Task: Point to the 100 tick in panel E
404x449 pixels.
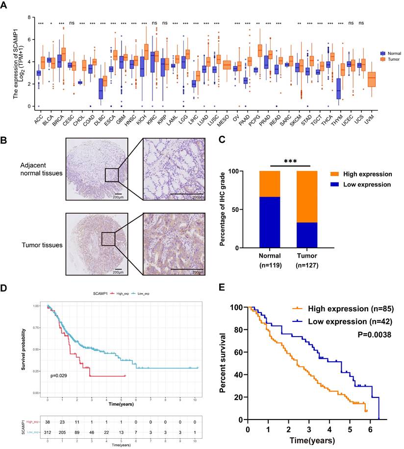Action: (x=237, y=307)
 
